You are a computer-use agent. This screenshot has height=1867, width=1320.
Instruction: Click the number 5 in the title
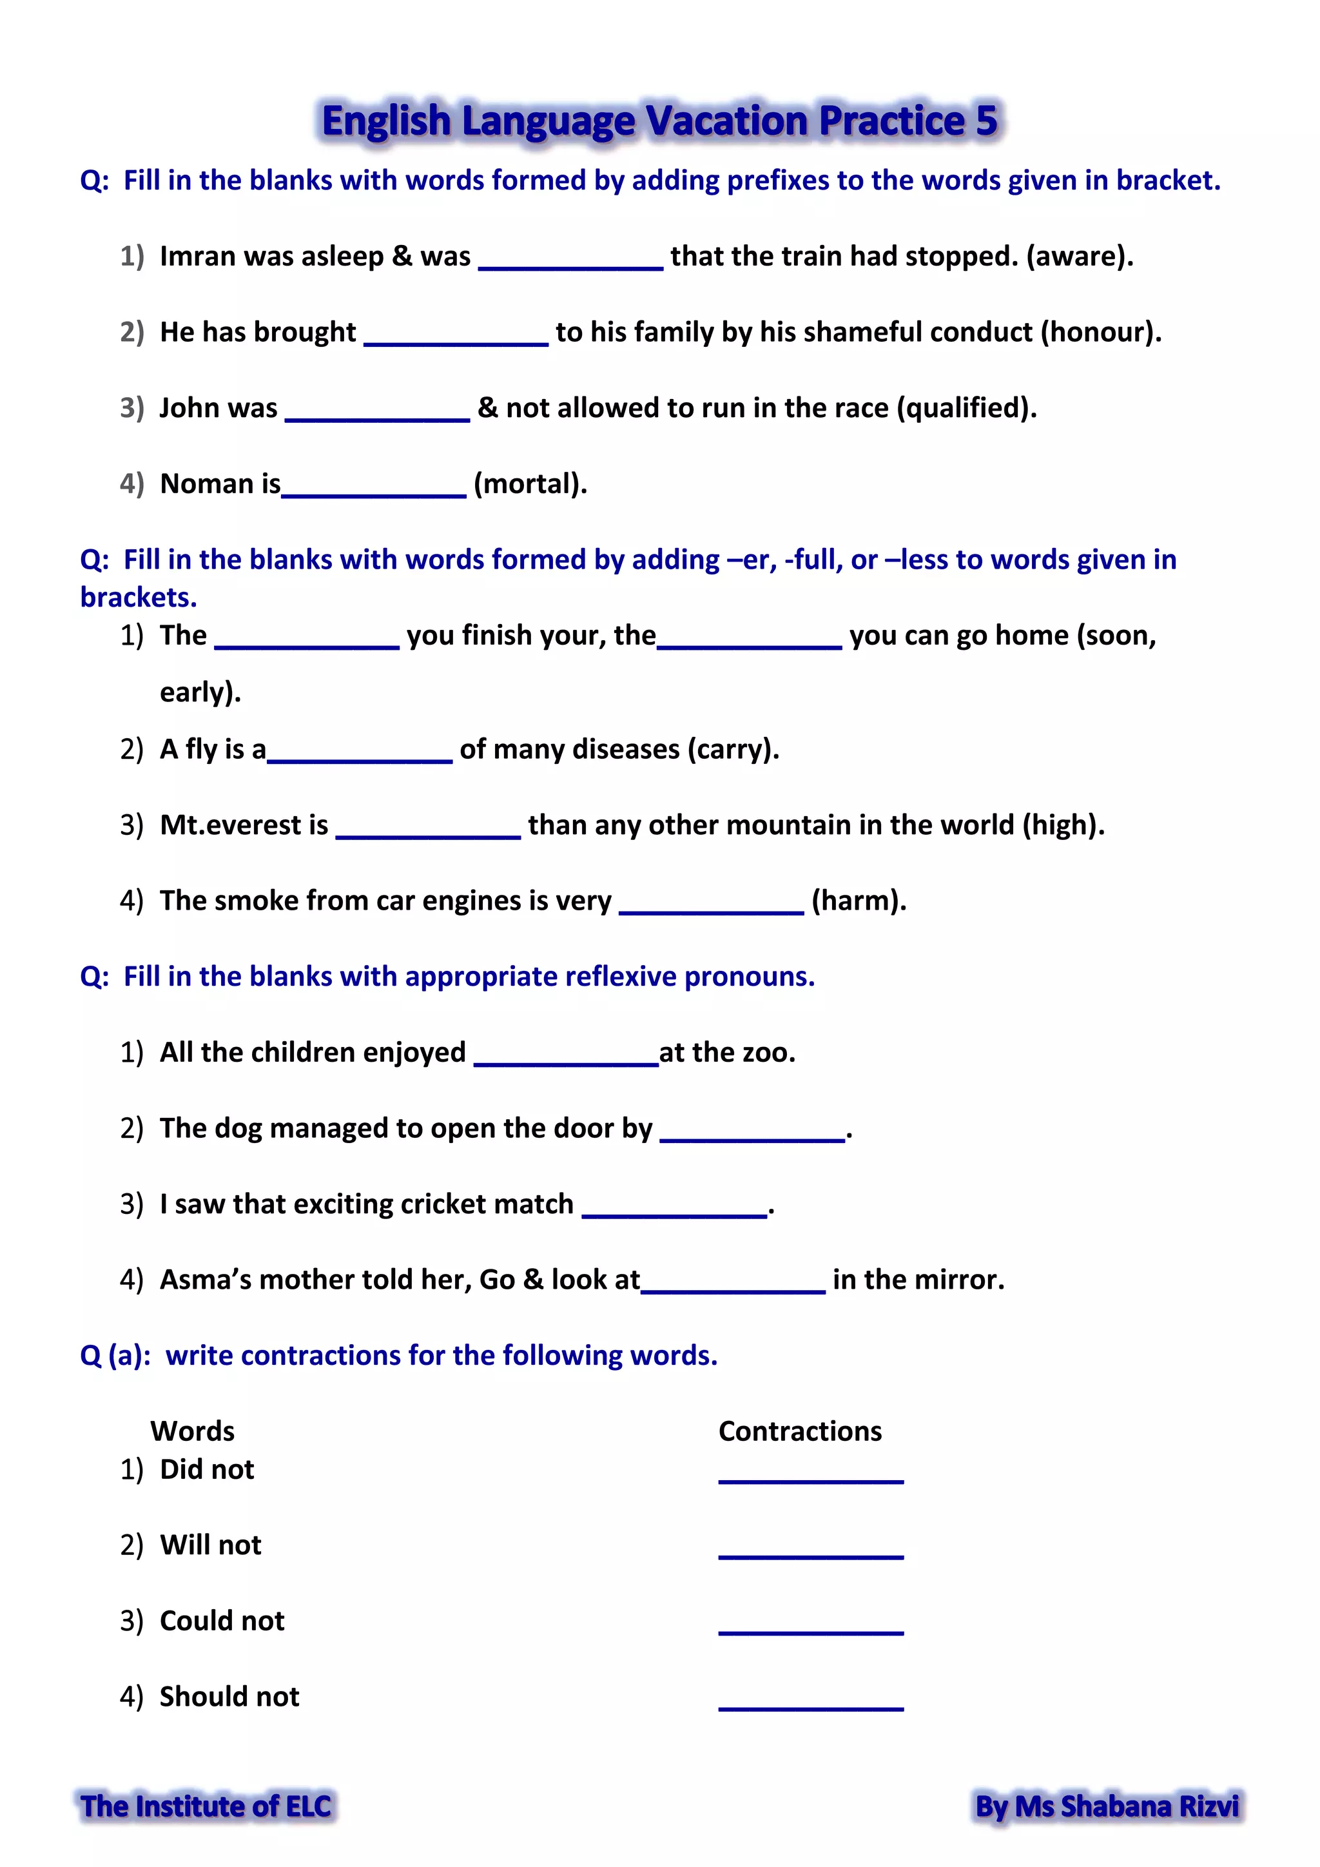(x=986, y=121)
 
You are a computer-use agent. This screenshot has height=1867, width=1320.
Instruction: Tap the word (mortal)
(x=529, y=484)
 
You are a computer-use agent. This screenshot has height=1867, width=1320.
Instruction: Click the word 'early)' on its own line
(x=200, y=692)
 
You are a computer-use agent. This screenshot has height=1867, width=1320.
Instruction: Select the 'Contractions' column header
(x=800, y=1431)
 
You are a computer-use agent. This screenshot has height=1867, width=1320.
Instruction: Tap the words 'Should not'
(x=229, y=1696)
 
